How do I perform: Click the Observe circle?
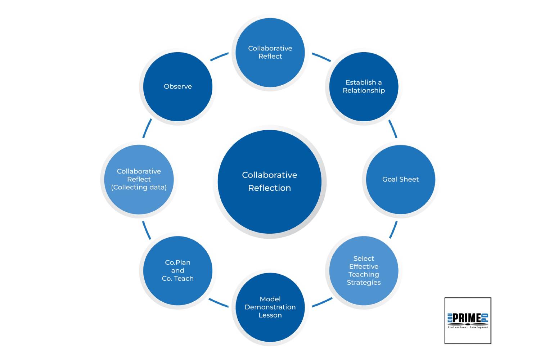pos(177,86)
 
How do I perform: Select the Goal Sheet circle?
pos(400,179)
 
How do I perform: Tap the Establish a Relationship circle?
pos(364,86)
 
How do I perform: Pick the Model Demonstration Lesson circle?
pos(270,307)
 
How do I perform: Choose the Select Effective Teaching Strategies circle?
pos(364,270)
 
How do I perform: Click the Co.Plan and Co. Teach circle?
pos(177,270)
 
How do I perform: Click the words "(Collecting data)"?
pos(139,187)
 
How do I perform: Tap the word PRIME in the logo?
pos(467,318)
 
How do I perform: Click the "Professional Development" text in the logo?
pos(468,328)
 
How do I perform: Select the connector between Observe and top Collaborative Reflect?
pos(219,57)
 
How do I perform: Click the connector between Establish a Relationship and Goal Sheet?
pos(393,129)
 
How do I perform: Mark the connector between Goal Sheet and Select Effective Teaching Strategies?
pos(393,230)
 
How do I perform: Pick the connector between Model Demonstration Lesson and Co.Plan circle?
pos(219,303)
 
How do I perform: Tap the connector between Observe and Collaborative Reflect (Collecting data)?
pos(147,129)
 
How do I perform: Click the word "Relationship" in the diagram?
pos(364,90)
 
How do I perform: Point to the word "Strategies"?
pos(364,283)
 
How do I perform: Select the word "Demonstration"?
pos(270,307)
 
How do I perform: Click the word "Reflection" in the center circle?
pos(269,188)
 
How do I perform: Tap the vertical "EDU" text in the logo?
pos(450,318)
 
